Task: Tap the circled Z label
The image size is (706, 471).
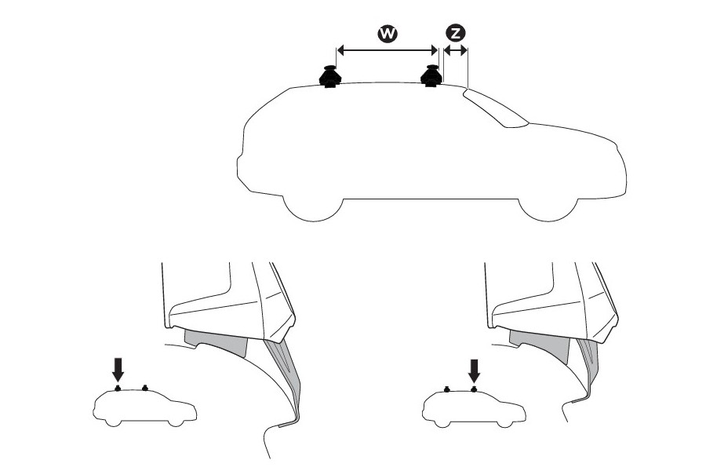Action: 455,33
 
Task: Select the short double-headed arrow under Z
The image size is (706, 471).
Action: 455,51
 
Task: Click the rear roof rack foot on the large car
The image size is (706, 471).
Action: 330,77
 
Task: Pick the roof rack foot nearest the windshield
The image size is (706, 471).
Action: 431,76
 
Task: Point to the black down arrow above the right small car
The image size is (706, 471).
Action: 474,369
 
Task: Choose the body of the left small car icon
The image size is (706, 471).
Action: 145,409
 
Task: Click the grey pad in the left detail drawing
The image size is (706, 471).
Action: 216,342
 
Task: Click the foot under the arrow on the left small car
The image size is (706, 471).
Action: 118,388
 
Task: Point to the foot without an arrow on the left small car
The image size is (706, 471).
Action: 145,388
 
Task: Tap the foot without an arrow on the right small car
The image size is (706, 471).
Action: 446,388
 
